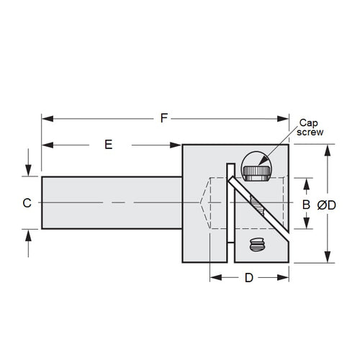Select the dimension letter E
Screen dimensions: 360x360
109,145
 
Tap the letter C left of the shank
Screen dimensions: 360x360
26,203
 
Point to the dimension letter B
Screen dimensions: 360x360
306,204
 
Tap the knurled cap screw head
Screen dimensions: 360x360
257,172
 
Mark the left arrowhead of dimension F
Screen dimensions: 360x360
45,118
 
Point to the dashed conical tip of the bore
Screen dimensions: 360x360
204,203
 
